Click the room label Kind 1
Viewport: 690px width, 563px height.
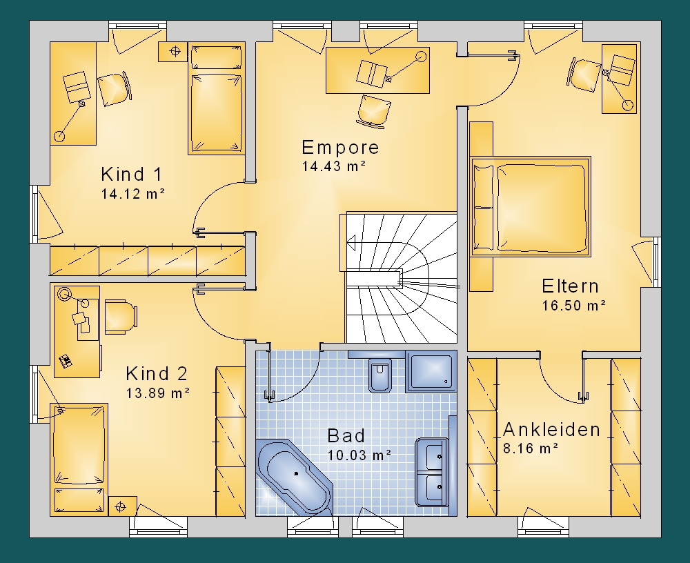[132, 175]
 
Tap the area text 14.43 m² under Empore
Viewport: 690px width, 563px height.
[333, 166]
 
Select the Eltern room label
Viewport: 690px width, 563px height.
[570, 286]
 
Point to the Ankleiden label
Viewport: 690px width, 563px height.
[551, 430]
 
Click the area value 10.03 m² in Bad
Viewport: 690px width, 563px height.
[359, 455]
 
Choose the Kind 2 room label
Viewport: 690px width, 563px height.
[157, 374]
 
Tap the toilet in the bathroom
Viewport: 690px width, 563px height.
[380, 374]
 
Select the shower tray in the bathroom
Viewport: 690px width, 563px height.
[431, 371]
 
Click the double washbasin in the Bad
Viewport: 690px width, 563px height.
[432, 472]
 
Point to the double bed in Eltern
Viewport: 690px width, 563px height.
[530, 206]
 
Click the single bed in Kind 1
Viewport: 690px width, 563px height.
[216, 98]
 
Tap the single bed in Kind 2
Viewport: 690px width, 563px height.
[79, 459]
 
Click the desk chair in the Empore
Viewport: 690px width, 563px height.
[373, 111]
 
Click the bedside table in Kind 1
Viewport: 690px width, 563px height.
[173, 52]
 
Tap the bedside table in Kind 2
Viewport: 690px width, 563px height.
[122, 506]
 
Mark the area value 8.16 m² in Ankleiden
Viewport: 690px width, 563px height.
[530, 448]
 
